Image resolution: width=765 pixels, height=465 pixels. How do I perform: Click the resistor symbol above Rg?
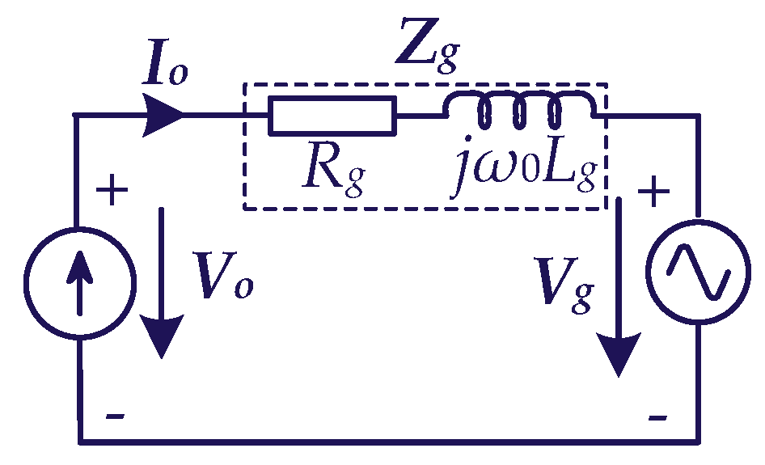(x=332, y=115)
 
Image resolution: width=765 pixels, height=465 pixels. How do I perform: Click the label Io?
(x=166, y=70)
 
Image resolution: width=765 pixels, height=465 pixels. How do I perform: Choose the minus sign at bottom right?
(x=657, y=417)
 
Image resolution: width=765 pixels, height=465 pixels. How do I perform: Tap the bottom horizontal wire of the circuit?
(x=388, y=442)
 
